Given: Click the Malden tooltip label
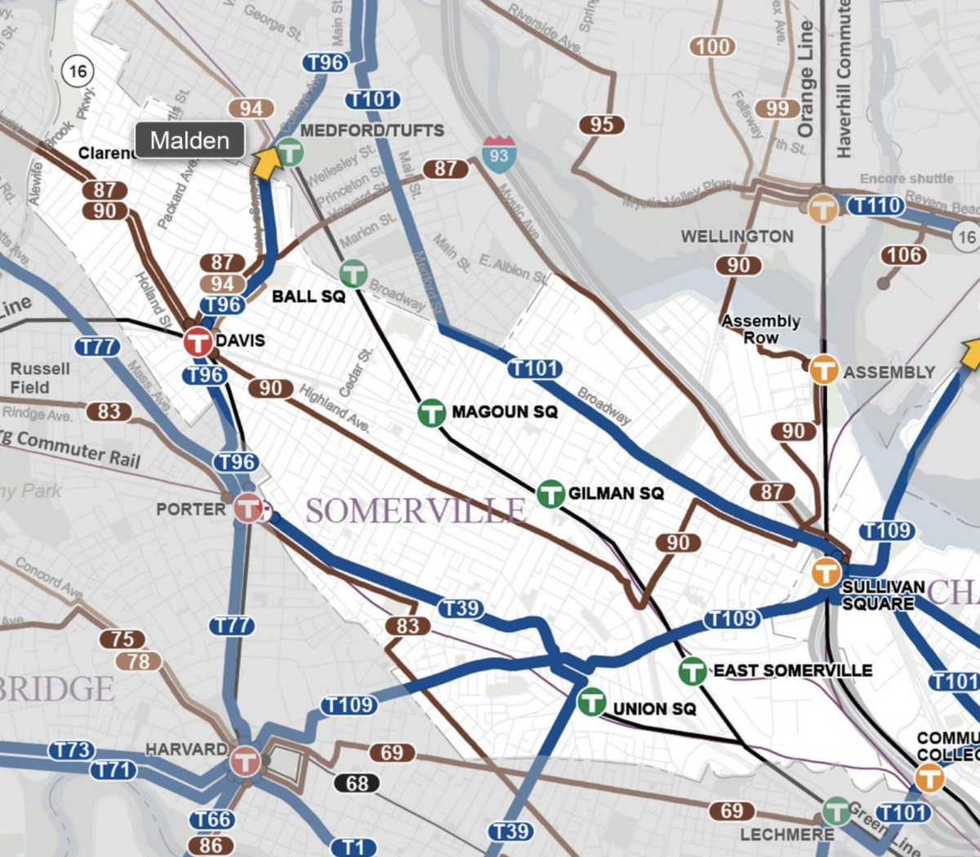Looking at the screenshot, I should pos(189,140).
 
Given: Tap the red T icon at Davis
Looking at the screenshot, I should pos(198,342).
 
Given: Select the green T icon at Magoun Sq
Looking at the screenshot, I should pos(432,412).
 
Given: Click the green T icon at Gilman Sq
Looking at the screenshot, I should pos(551,494).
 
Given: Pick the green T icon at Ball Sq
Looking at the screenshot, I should pos(354,273).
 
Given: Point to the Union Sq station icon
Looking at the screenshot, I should pos(592,701).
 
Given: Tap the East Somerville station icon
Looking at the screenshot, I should pos(693,671).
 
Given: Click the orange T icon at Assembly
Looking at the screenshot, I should pos(823,370).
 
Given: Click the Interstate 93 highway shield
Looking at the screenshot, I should pos(498,153).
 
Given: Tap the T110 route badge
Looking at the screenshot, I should pos(876,206).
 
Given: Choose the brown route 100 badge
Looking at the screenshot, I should pos(712,47).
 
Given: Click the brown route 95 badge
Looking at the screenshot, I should pos(602,124).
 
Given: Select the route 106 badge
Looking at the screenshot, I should pos(905,255).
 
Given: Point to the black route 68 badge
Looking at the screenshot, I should pos(357,784).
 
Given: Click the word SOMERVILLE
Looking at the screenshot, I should pos(416,512).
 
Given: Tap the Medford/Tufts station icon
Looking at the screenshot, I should pos(289,152).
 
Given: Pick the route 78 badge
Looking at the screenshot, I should pos(139,661).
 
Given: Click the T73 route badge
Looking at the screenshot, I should pos(72,750).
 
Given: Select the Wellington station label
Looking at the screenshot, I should pos(737,237).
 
